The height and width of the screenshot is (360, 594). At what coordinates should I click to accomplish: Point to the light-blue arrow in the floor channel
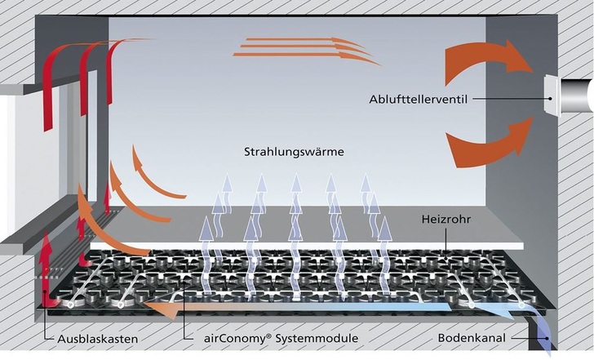[x=457, y=308]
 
